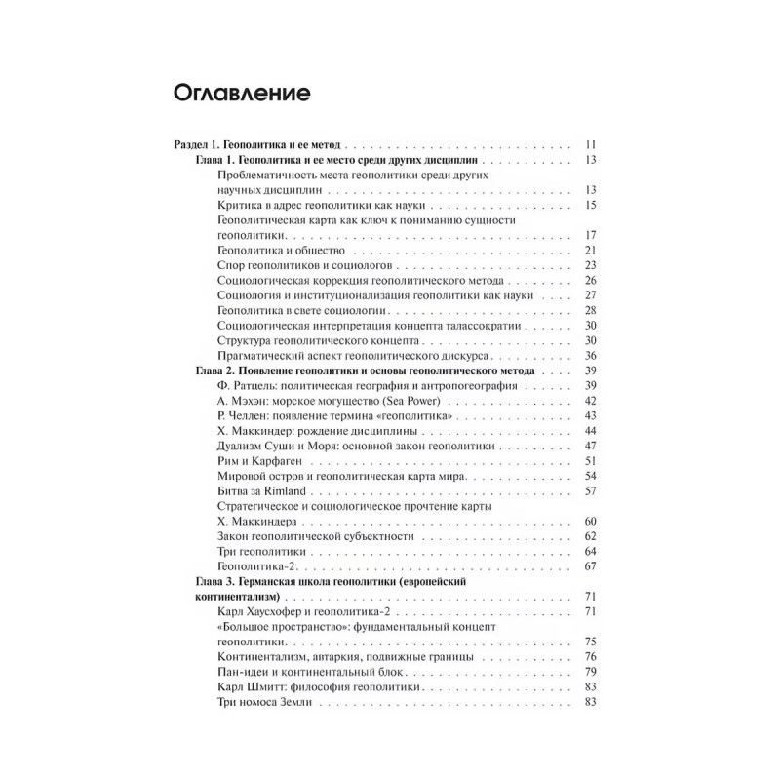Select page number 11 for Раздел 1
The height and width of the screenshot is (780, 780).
[590, 143]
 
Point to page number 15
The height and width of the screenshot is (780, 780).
[590, 205]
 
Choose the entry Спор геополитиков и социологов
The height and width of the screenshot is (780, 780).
[306, 265]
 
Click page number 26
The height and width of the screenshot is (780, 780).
[590, 280]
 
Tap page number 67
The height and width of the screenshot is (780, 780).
[590, 566]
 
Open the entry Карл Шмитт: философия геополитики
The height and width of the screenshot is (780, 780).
[321, 688]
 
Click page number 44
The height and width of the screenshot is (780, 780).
[590, 431]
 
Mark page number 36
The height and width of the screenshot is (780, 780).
[590, 356]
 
